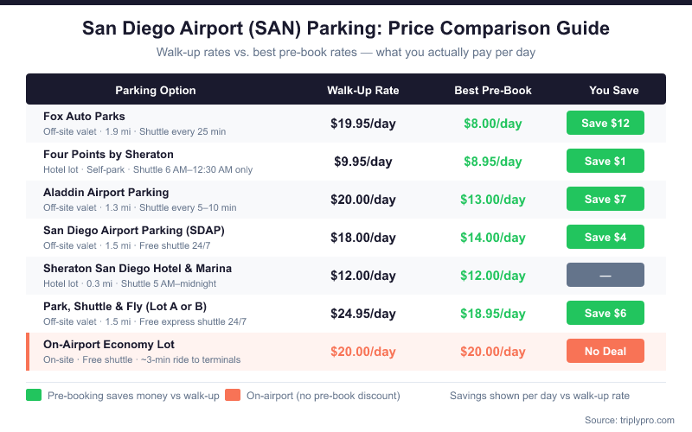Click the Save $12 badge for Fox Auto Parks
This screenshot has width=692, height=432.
point(605,123)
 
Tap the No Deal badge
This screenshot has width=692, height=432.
point(605,351)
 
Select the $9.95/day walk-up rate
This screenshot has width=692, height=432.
point(363,161)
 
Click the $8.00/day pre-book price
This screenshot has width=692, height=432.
point(493,123)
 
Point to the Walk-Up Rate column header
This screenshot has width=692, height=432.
point(363,90)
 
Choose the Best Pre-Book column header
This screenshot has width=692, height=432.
point(493,90)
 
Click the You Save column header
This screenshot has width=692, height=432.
point(614,90)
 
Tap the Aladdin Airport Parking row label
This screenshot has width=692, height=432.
point(106,192)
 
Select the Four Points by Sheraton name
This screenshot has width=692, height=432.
point(108,154)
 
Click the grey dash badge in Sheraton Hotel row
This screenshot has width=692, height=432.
point(605,275)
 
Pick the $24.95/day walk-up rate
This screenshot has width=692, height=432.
point(363,313)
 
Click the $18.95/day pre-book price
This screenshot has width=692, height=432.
point(493,313)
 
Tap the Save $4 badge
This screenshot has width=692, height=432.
point(605,237)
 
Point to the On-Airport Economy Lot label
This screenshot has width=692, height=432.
point(109,344)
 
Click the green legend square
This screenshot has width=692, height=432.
point(34,396)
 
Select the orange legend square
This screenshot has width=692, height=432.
point(232,396)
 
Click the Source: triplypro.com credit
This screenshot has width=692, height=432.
point(629,420)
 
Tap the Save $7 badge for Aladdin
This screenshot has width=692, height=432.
point(605,199)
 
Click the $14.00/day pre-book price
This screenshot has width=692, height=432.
point(493,237)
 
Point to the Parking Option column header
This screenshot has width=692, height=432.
point(156,90)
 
